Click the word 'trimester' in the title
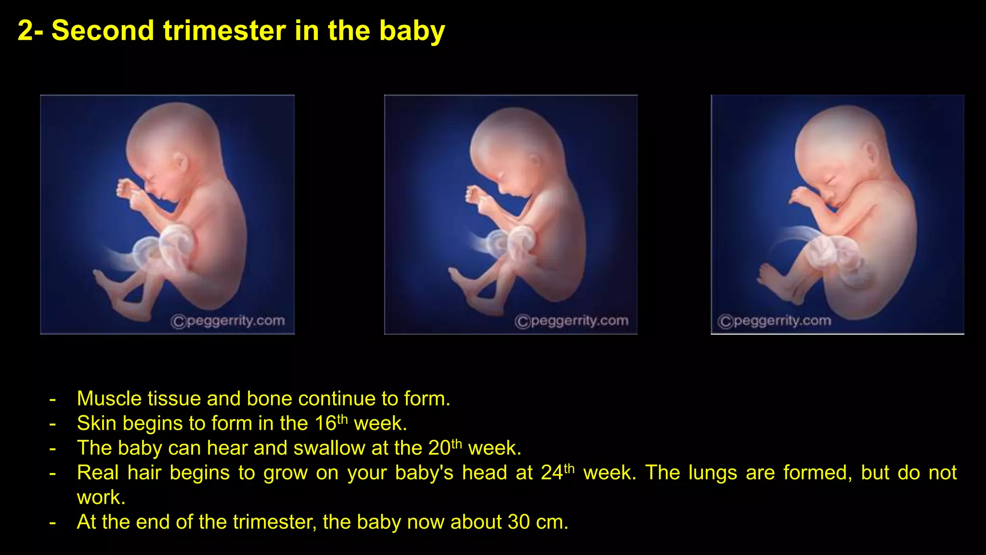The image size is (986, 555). pos(225,30)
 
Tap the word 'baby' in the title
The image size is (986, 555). pos(412,30)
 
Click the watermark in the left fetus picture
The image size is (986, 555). pos(228,321)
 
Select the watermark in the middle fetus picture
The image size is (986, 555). pos(571,321)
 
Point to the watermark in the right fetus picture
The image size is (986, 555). pos(774,321)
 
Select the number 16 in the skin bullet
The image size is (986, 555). pos(325,423)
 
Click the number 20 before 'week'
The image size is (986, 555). pos(439,448)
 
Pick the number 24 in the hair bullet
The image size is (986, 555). pos(552,473)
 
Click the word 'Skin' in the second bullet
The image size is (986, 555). pos(96,423)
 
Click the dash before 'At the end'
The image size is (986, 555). pos(52,522)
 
